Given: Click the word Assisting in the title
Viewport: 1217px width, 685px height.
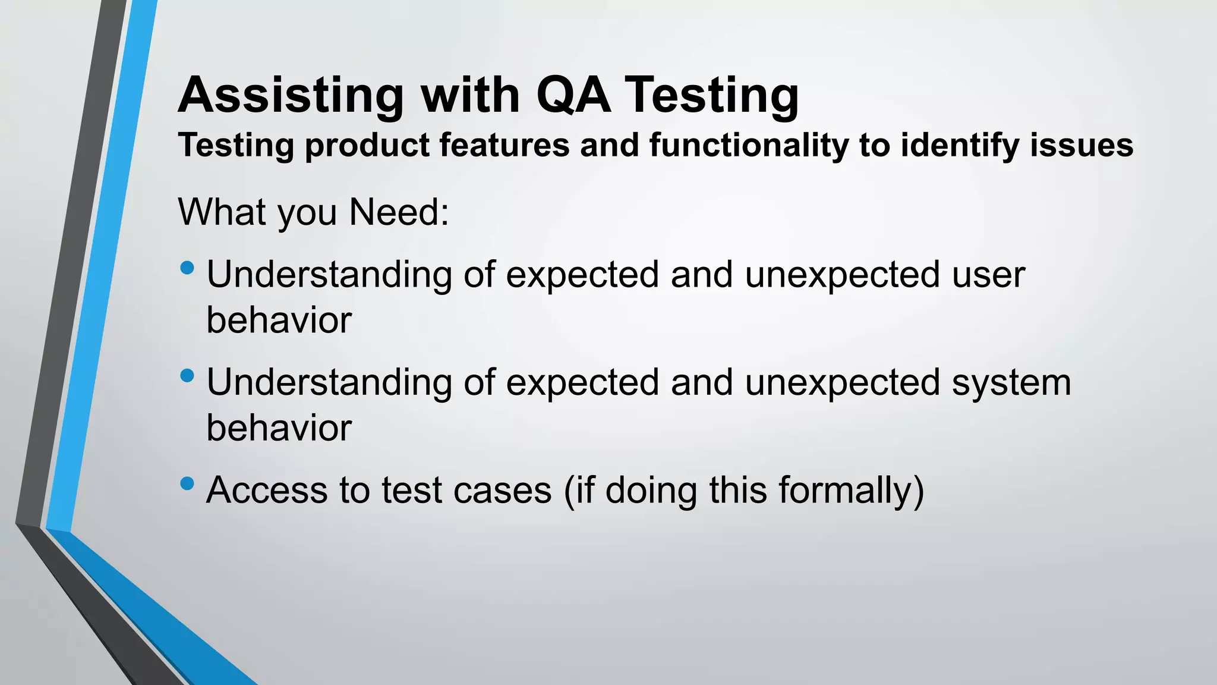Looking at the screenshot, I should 291,95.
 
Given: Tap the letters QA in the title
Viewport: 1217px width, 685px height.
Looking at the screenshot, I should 573,95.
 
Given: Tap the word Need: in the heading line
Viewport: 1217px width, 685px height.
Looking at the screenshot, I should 399,212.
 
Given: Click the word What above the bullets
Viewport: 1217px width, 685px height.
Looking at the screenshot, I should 223,212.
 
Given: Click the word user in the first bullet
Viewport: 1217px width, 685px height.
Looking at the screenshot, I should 988,275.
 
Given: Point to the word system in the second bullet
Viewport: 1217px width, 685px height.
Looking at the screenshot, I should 1011,383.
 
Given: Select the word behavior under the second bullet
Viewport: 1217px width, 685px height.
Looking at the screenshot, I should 279,429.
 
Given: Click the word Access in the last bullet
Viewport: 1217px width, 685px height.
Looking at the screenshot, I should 267,491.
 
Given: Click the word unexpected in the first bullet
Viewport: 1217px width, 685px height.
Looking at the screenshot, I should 842,275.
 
